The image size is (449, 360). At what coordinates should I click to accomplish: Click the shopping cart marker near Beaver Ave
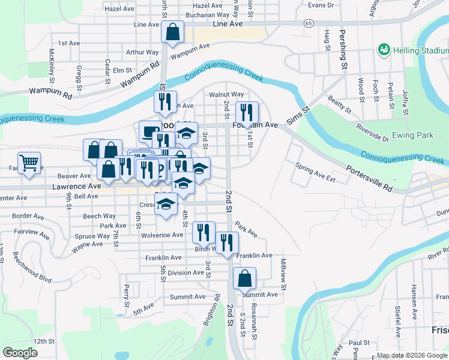coord(29,163)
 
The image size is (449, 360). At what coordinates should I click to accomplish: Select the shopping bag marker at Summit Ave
coord(244,278)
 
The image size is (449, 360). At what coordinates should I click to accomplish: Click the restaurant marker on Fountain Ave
coord(246,113)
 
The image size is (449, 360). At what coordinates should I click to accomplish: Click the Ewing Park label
coord(411,135)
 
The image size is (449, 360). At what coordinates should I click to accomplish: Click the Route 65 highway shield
coord(308,23)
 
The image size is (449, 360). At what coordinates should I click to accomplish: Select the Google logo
coord(20,352)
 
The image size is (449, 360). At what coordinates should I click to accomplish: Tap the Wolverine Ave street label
coord(161,235)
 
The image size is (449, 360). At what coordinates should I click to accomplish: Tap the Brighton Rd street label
coord(212,310)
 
